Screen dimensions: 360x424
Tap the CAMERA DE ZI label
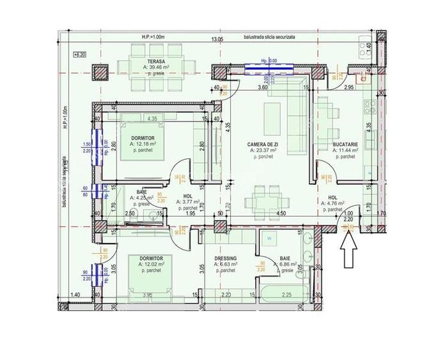(263, 145)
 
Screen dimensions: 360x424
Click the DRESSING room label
(226, 258)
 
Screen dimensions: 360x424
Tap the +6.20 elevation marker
(80, 56)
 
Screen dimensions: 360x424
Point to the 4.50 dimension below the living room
(279, 214)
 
